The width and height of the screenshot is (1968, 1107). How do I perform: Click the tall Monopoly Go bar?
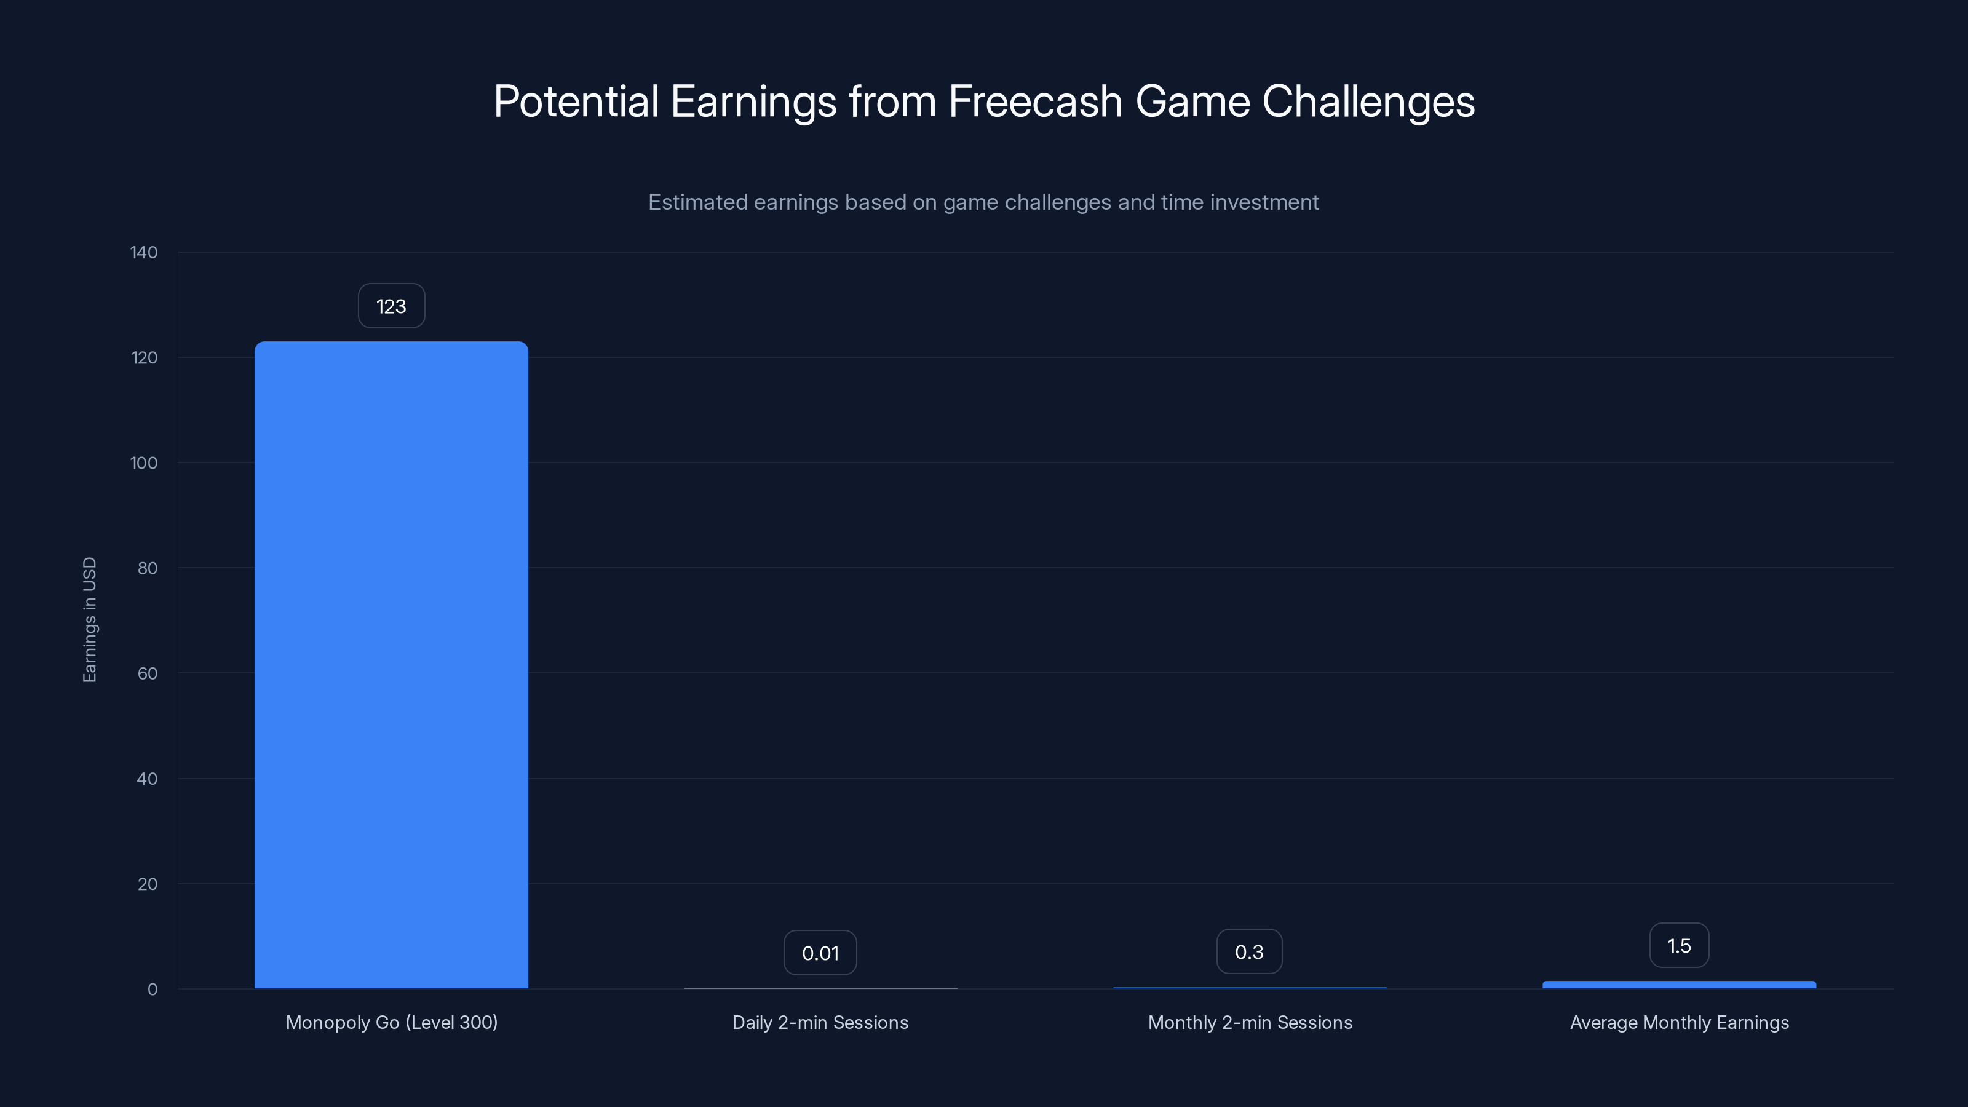point(391,665)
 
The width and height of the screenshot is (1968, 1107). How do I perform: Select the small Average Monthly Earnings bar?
point(1678,985)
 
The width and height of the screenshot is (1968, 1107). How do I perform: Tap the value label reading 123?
point(391,306)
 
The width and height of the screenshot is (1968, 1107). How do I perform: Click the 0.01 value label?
point(820,953)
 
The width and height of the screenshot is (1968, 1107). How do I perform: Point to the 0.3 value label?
point(1249,952)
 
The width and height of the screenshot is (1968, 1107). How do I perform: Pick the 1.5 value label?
point(1678,946)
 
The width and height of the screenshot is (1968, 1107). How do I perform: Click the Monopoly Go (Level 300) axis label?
point(391,1022)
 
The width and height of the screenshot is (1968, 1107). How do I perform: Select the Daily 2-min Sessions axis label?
point(820,1022)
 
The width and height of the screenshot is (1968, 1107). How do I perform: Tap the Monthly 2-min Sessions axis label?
point(1250,1022)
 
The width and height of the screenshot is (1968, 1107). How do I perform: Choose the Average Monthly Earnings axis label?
point(1679,1022)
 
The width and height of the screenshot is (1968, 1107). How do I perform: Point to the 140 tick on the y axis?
point(144,252)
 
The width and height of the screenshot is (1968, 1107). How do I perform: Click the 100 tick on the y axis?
point(144,463)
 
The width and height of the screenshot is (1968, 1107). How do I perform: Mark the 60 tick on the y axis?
point(147,673)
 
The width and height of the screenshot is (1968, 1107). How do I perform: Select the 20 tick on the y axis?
point(147,884)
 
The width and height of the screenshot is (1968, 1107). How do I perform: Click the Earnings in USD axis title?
point(89,619)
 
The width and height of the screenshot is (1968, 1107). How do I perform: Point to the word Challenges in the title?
point(1368,101)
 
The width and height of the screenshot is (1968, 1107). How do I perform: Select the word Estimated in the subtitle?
point(697,202)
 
